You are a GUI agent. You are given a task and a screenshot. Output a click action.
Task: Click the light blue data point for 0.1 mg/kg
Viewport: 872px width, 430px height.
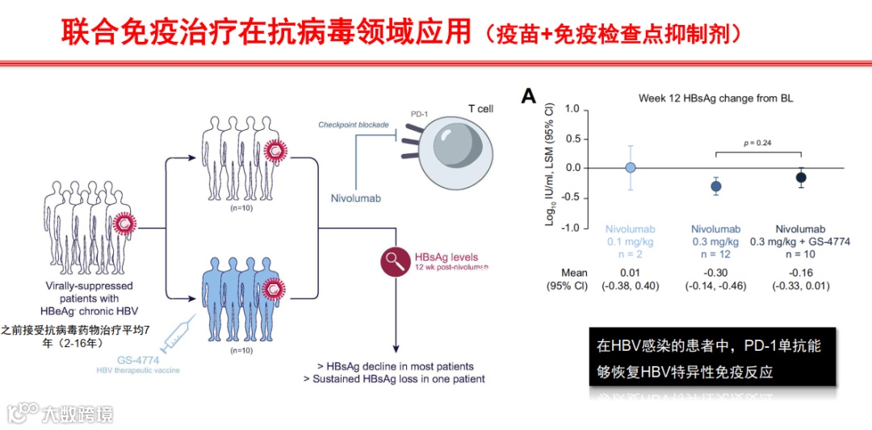[x=631, y=168]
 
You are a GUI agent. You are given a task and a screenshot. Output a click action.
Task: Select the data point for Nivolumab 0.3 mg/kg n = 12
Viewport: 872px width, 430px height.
[x=715, y=186]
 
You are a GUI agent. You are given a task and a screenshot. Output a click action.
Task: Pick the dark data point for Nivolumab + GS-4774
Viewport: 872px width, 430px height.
[x=801, y=177]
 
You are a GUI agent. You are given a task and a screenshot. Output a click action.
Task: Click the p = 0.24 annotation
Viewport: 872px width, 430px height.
[x=757, y=143]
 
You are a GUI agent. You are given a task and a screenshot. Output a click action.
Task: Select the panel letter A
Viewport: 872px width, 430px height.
[x=529, y=98]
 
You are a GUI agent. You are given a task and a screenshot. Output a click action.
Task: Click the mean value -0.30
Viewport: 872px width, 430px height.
[x=715, y=273]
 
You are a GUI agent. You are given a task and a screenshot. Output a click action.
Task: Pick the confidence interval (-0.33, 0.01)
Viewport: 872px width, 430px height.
[x=800, y=286]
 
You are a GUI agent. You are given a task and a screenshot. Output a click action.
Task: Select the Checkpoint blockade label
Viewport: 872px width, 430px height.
[x=354, y=125]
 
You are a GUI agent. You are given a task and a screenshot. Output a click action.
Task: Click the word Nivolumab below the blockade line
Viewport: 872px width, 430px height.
[x=355, y=198]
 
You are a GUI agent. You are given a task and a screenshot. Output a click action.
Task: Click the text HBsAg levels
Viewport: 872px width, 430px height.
[x=445, y=257]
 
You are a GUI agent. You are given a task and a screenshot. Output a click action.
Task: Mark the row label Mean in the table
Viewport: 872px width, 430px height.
[x=574, y=273]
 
